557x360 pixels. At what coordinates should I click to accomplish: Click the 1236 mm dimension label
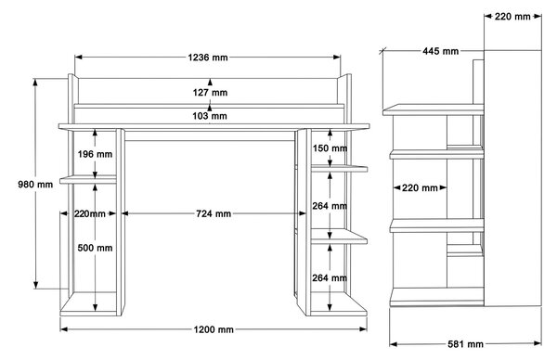208,58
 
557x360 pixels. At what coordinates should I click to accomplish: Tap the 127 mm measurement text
210,93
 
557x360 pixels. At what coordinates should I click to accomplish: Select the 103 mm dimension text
210,116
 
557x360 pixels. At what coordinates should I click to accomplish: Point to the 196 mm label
95,154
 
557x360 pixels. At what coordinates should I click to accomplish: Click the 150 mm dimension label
330,148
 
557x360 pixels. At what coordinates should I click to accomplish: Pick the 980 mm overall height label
35,185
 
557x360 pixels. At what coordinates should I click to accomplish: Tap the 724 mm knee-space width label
214,213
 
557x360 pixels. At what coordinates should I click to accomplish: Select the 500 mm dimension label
95,248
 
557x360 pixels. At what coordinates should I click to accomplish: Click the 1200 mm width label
214,329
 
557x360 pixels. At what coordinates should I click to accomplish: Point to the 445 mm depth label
440,51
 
